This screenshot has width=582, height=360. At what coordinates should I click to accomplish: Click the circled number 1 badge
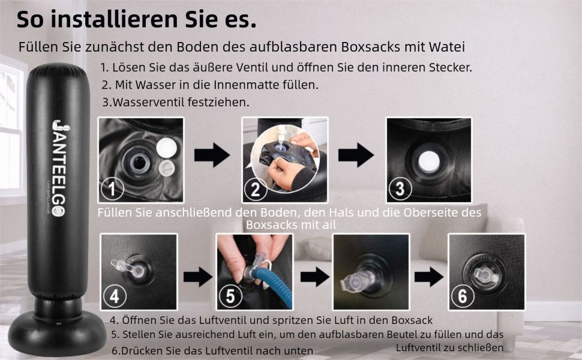112,188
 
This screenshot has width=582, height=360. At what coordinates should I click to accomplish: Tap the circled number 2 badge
256,189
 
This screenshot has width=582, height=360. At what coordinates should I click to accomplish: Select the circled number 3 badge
400,188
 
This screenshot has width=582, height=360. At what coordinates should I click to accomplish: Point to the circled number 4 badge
115,296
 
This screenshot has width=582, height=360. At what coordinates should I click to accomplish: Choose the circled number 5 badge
230,296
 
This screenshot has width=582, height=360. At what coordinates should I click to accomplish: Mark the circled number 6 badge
463,296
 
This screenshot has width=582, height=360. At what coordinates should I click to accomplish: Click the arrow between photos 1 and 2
212,155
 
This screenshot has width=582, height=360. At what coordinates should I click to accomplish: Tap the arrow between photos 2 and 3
356,155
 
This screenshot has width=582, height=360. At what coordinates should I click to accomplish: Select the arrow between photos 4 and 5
198,277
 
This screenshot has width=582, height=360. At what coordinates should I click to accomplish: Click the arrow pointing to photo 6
429,277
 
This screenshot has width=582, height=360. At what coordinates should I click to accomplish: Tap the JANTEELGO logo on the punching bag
59,168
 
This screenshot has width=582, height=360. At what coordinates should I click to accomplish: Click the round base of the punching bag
57,332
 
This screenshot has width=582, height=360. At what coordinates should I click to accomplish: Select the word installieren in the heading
114,19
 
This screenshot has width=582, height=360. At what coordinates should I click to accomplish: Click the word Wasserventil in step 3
149,102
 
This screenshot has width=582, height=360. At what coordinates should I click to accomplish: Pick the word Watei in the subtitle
446,47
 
